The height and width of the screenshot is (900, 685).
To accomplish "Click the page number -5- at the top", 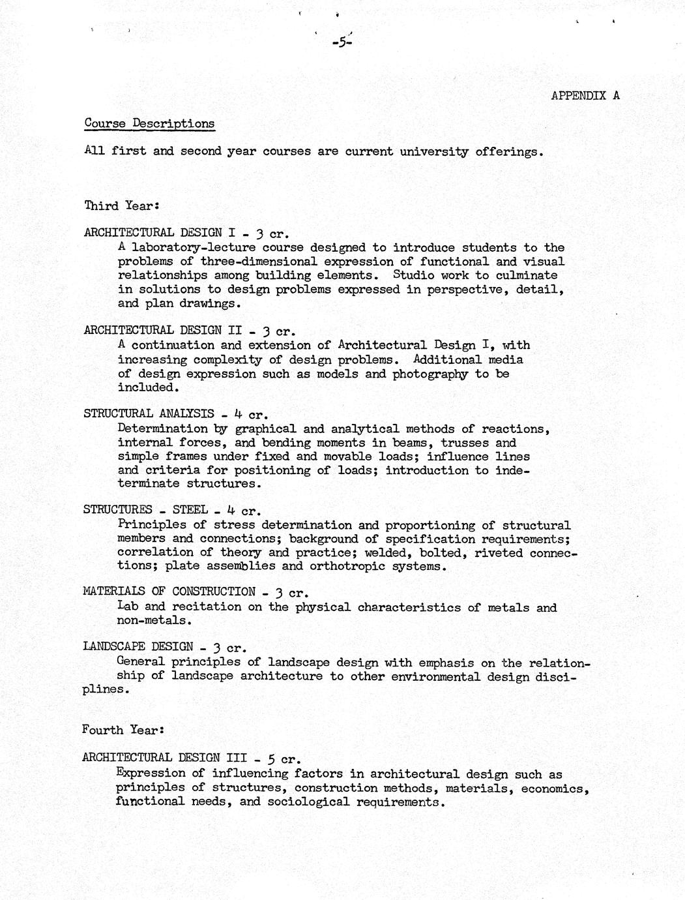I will (342, 43).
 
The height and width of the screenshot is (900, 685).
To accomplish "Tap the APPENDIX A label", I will (585, 95).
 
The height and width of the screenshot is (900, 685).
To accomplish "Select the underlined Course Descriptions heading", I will (149, 123).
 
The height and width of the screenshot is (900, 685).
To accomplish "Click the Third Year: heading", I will (121, 205).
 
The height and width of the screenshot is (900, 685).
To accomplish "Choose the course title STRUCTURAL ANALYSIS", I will (149, 413).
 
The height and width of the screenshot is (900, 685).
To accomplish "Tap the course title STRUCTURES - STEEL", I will (145, 510).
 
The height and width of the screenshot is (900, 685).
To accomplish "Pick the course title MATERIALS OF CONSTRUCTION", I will (169, 592).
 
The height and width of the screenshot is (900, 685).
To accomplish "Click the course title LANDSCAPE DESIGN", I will (138, 647).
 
